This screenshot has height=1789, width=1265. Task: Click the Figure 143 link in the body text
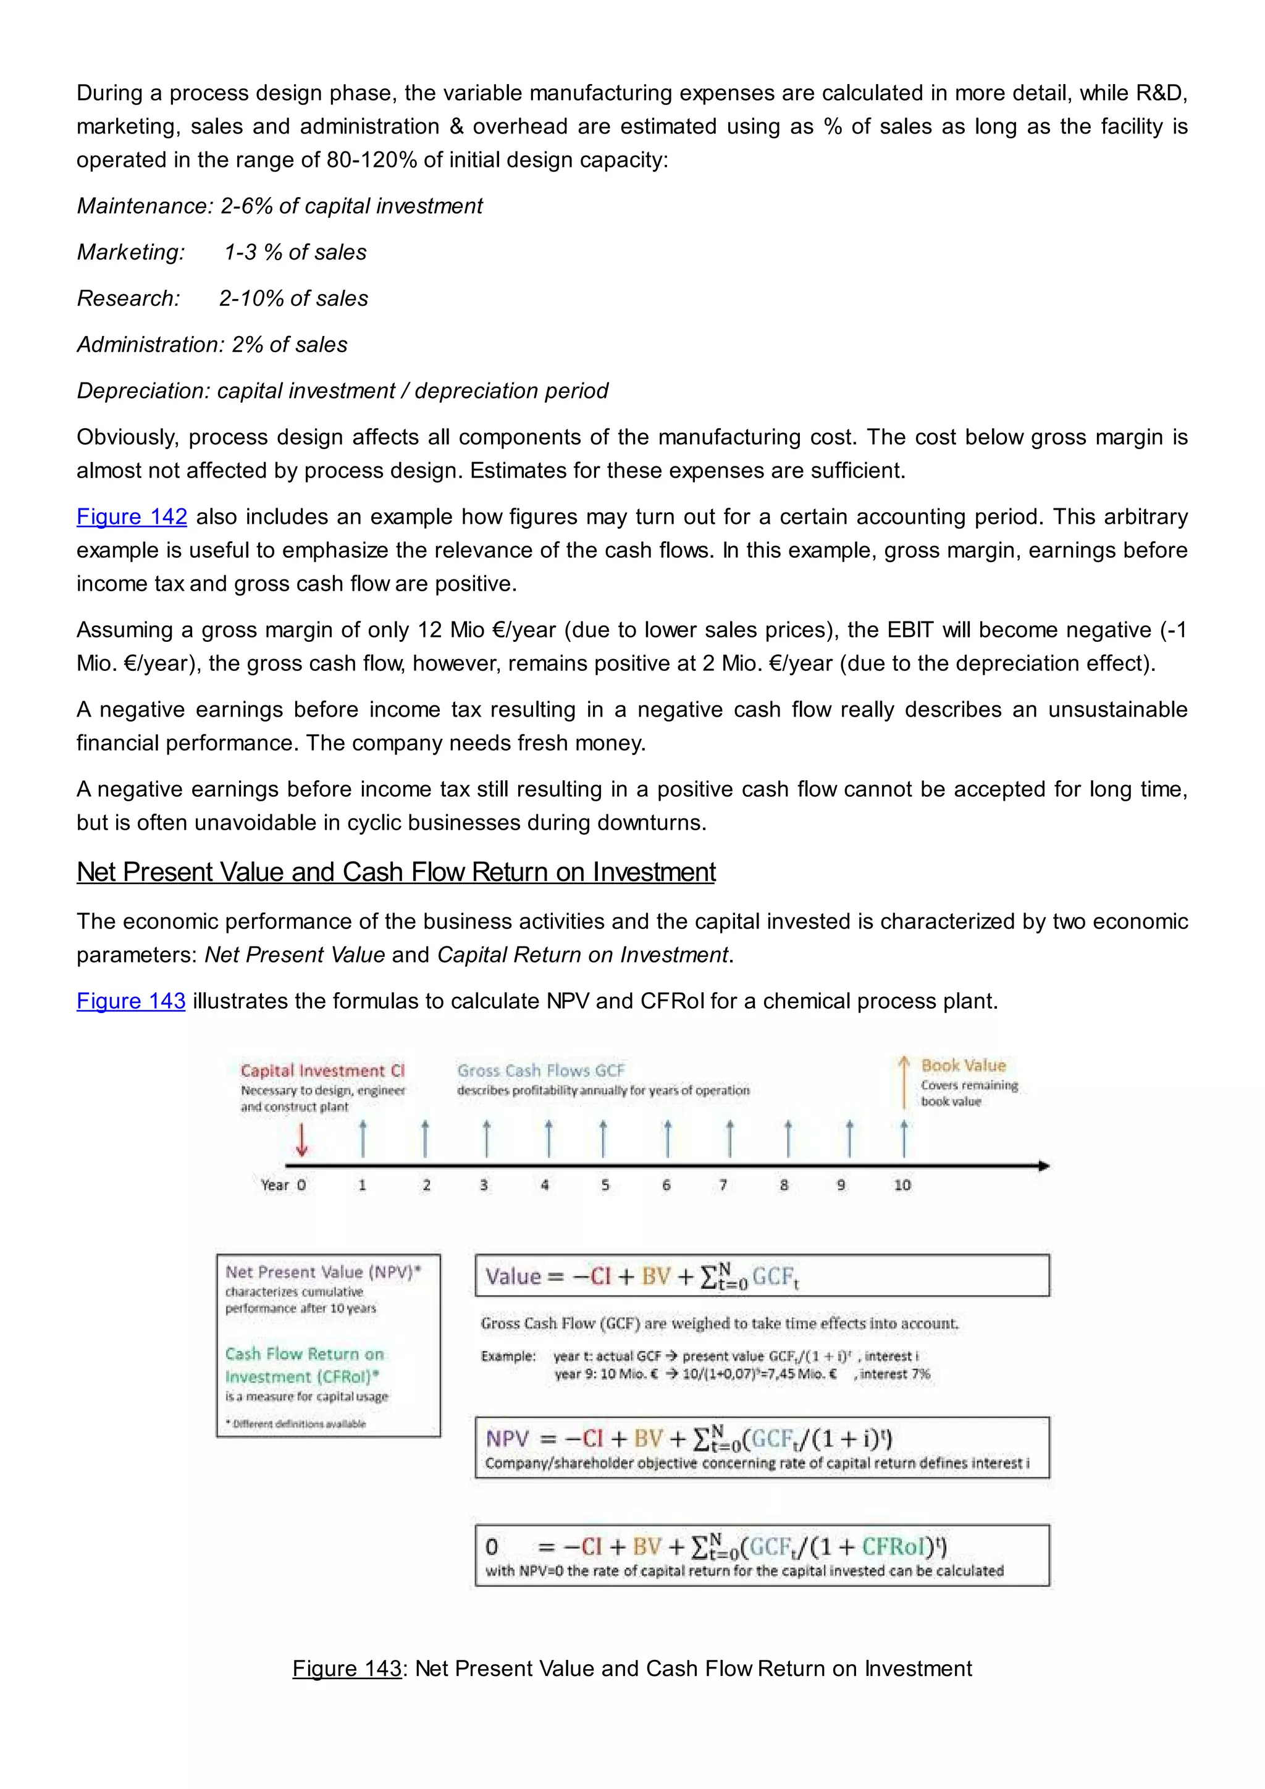[x=131, y=1001]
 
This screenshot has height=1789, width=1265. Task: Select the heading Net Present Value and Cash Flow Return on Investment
[x=396, y=872]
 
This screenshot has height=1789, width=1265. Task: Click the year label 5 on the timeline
[x=605, y=1185]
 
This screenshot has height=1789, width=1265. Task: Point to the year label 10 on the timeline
[x=902, y=1185]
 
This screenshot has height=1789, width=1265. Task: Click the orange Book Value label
[x=964, y=1065]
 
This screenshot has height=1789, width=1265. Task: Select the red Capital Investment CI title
[x=322, y=1071]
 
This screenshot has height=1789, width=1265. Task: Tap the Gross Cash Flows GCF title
[x=540, y=1071]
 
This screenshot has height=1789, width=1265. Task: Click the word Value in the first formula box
[x=513, y=1276]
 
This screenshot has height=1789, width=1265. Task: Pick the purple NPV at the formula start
[x=507, y=1438]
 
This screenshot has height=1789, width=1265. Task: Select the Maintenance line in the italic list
[x=280, y=206]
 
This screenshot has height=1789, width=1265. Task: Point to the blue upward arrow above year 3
[x=487, y=1139]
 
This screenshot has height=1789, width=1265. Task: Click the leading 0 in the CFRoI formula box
[x=492, y=1547]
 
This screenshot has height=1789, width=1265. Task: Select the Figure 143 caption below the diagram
[x=632, y=1668]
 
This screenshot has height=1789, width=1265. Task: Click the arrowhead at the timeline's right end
[x=1044, y=1166]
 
